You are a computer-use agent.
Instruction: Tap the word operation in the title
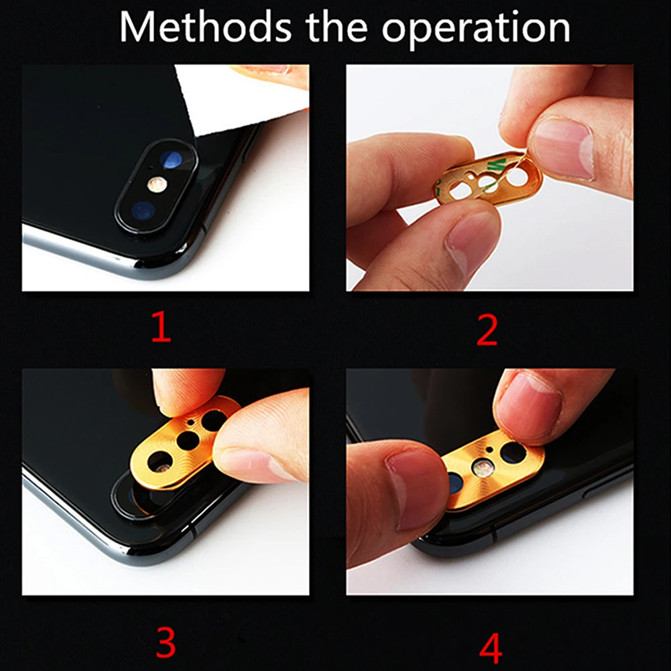[x=476, y=31]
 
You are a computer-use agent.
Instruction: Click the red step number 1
[x=162, y=326]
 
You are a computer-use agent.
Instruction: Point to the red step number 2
[x=487, y=330]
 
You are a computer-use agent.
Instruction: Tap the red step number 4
[x=491, y=648]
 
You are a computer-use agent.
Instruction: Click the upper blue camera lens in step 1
[x=171, y=160]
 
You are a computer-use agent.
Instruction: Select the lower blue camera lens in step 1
[x=143, y=211]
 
